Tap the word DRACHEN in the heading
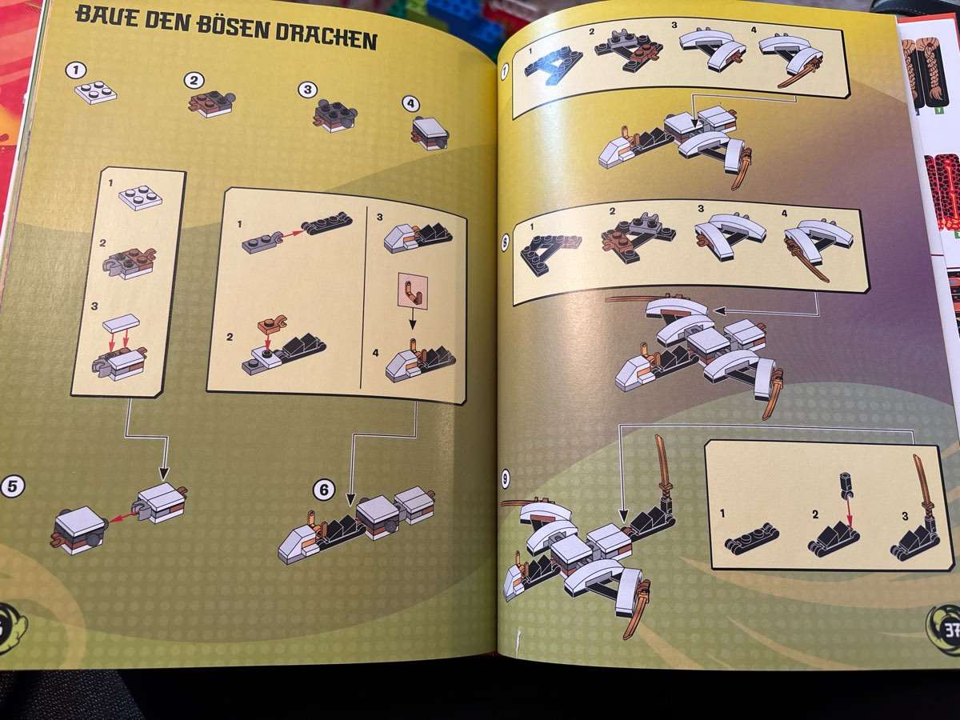[x=326, y=37]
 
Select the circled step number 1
[x=77, y=70]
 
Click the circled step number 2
[x=194, y=81]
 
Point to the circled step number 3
[x=307, y=90]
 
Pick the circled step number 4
[x=410, y=104]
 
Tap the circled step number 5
[x=12, y=486]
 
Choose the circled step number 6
[x=324, y=490]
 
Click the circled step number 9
[x=505, y=479]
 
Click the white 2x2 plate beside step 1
[x=96, y=92]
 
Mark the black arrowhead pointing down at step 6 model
[x=350, y=498]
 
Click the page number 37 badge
[x=945, y=630]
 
